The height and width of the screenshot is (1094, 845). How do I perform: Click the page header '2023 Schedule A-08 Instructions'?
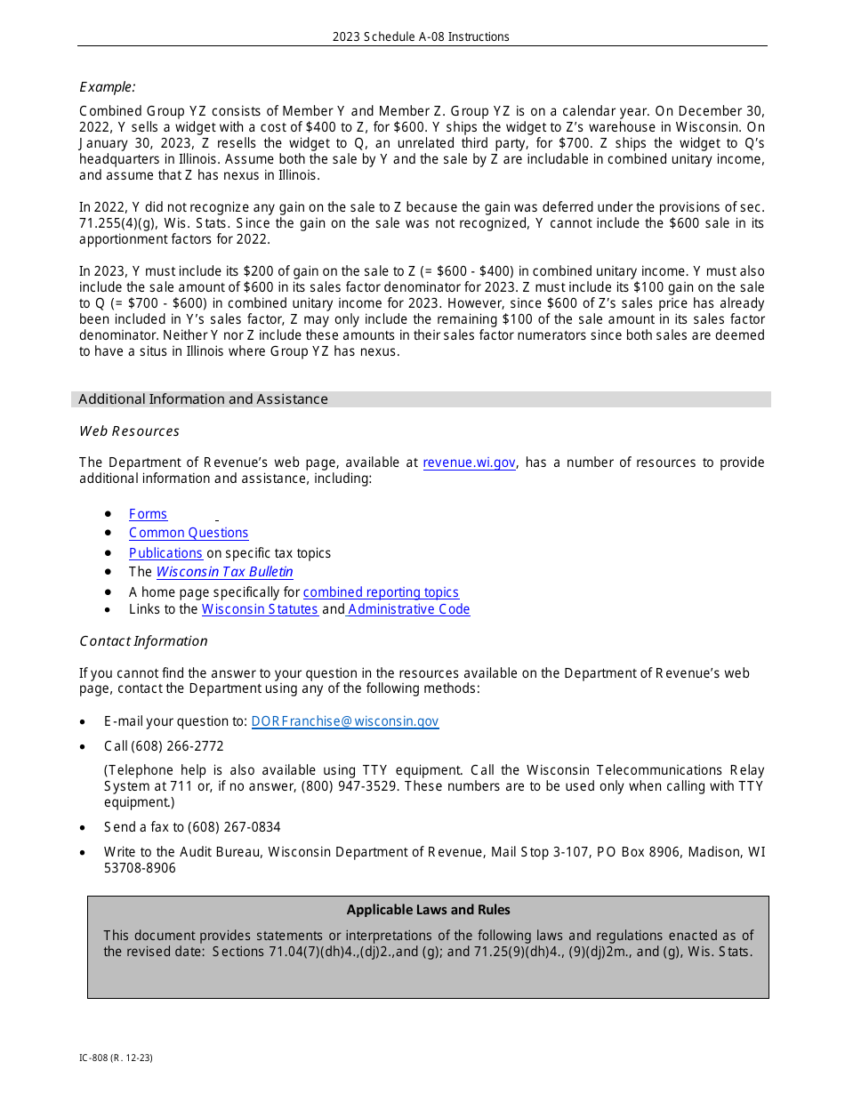point(421,36)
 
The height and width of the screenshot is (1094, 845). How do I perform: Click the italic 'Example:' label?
point(108,86)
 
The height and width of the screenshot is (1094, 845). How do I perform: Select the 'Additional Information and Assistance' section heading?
point(203,399)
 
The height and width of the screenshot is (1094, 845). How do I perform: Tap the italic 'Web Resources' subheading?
point(129,431)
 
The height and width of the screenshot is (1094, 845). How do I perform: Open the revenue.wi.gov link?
point(469,463)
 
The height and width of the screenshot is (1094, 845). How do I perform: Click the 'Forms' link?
point(148,514)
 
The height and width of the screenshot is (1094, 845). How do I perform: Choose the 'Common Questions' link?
point(189,533)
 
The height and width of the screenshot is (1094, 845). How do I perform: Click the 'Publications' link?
point(165,553)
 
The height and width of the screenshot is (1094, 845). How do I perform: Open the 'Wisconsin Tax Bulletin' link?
point(224,572)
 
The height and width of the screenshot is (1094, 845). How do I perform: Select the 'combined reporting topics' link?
point(381,592)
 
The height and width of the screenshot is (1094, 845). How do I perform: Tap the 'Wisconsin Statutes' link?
point(260,609)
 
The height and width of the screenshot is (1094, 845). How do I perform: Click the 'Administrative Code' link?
point(409,609)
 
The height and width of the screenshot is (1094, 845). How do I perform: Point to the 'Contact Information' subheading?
point(143,641)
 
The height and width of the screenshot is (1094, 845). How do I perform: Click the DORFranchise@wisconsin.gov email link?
point(345,721)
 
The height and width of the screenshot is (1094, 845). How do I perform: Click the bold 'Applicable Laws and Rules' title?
point(428,910)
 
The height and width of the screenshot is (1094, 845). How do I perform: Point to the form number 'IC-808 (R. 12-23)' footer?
point(116,1058)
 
